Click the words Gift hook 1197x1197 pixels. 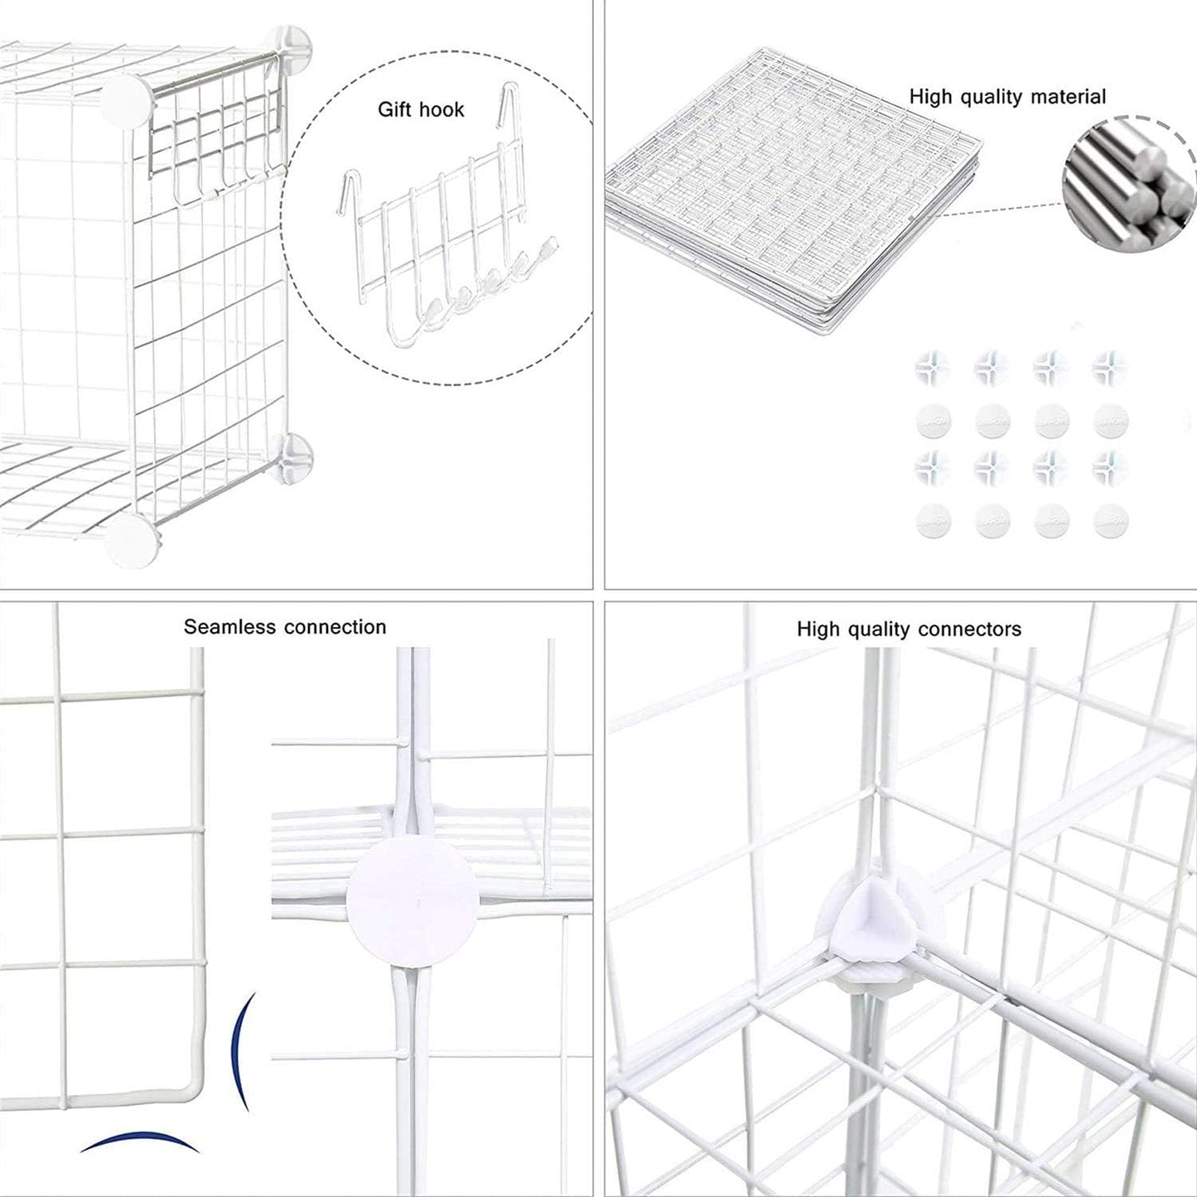(421, 109)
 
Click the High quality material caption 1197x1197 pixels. (1007, 97)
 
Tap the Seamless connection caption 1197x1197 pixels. (285, 627)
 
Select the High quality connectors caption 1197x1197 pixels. (909, 630)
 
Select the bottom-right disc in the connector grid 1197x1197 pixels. (1110, 521)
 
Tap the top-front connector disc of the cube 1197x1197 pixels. (129, 99)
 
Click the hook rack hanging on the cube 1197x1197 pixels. (217, 141)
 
